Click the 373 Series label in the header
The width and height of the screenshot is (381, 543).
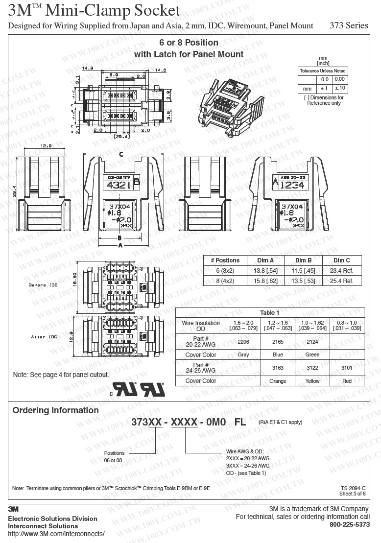[x=350, y=26]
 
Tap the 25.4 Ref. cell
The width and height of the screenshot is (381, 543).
[x=342, y=281]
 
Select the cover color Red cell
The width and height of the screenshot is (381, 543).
[x=347, y=381]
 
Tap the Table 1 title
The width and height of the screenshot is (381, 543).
[x=270, y=313]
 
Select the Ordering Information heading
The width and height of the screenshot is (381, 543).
[x=55, y=410]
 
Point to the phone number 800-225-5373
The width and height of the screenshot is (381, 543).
[x=350, y=525]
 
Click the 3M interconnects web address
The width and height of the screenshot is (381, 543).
[x=56, y=534]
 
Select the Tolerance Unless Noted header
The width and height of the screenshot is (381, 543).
[x=323, y=71]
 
